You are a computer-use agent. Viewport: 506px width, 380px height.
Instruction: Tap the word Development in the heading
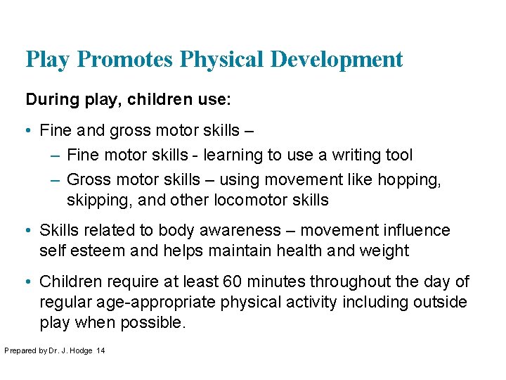pyautogui.click(x=337, y=59)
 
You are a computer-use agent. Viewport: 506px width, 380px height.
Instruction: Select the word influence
pyautogui.click(x=415, y=230)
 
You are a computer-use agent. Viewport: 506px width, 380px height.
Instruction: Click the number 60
pyautogui.click(x=231, y=281)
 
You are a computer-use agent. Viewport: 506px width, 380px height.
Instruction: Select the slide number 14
pyautogui.click(x=100, y=350)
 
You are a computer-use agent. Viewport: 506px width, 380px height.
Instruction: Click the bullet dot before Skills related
pyautogui.click(x=29, y=231)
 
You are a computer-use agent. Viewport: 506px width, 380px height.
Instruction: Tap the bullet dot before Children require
pyautogui.click(x=29, y=282)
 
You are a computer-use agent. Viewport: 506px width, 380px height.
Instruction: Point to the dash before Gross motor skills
pyautogui.click(x=56, y=180)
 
